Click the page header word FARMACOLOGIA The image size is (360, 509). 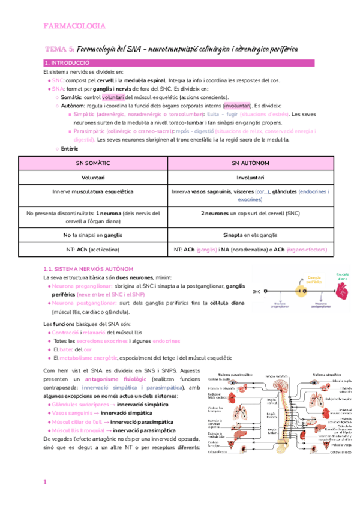74,26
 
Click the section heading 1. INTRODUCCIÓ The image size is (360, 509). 67,63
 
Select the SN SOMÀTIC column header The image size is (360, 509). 93,163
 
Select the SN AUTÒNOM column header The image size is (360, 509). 253,163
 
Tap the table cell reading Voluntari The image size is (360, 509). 93,178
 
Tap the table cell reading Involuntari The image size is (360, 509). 253,178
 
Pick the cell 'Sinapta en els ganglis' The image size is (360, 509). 253,235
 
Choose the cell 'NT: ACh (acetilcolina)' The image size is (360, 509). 93,249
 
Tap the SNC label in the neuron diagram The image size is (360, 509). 257,291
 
